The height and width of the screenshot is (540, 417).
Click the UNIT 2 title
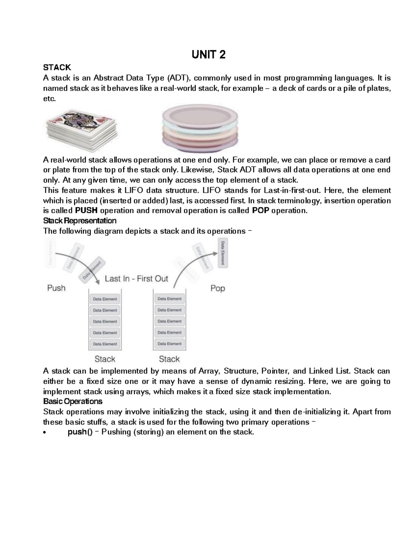click(x=208, y=55)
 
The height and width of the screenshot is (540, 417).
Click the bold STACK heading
click(x=57, y=67)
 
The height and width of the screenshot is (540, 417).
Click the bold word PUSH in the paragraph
click(x=86, y=211)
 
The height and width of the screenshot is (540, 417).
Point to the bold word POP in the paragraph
click(x=260, y=211)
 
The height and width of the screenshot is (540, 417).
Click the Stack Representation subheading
click(x=80, y=221)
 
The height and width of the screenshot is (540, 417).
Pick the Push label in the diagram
click(x=56, y=288)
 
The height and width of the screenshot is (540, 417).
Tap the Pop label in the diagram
click(x=218, y=288)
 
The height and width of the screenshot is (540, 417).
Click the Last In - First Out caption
click(x=137, y=279)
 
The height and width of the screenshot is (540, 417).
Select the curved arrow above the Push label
click(x=78, y=264)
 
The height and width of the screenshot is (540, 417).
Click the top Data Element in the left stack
click(x=105, y=299)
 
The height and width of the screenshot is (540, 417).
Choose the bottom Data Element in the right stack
click(x=170, y=344)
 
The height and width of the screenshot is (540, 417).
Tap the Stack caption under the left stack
click(x=105, y=359)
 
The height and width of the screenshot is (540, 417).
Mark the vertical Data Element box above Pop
click(x=223, y=253)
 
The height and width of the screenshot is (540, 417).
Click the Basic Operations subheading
click(x=73, y=402)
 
